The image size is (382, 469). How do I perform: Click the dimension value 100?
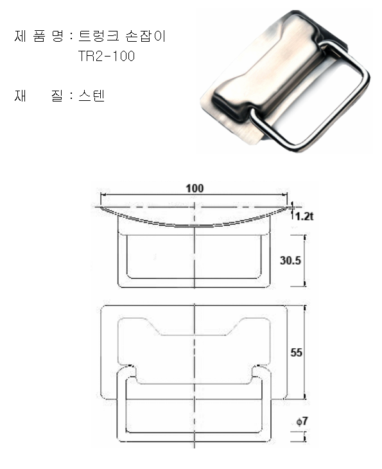pos(195,188)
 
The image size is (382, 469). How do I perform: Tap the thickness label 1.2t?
pos(304,216)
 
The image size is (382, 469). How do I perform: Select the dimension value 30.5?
pos(290,260)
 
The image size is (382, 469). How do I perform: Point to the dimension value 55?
pos(296,352)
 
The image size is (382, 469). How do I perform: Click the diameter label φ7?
pos(302,421)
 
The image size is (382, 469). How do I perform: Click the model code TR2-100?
pos(107,56)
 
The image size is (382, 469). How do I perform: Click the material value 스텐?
pos(91,96)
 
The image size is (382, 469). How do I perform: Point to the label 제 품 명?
pos(39,36)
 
